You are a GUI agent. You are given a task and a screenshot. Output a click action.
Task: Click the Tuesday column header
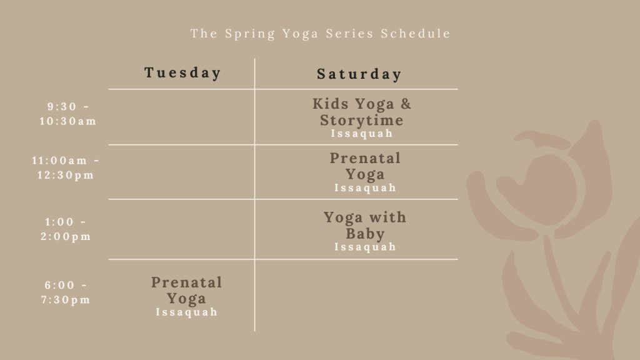(182, 73)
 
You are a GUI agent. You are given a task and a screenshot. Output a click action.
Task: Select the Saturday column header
(359, 74)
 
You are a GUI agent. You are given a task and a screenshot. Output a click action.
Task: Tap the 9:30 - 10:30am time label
(67, 114)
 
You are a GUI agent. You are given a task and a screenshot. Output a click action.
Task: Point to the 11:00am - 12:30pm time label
(65, 167)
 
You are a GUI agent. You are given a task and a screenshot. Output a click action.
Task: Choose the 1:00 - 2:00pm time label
(66, 229)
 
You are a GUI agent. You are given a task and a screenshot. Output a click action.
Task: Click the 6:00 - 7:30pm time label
(66, 292)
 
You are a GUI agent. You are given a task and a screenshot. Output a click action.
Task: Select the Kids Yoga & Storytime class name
(362, 112)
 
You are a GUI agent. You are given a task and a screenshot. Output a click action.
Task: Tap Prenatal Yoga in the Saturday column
(365, 166)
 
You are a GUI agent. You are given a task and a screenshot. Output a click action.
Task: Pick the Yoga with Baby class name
(365, 225)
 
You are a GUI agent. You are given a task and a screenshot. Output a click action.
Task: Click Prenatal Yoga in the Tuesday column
(186, 290)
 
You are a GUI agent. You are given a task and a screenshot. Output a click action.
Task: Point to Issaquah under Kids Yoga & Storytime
(362, 134)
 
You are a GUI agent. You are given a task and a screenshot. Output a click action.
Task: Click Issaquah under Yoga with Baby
(365, 247)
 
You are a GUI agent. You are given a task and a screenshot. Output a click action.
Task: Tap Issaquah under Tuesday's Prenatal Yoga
(186, 312)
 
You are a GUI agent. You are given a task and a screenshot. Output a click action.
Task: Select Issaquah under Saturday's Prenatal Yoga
(365, 187)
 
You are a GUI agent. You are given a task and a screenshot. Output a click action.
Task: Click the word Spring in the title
(250, 34)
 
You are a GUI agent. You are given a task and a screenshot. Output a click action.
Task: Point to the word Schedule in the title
(416, 34)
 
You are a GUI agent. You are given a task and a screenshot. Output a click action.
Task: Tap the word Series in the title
(350, 34)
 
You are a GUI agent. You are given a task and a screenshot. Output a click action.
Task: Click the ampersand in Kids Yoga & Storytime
(406, 104)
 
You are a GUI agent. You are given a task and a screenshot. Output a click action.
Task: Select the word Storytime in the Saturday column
(362, 121)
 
